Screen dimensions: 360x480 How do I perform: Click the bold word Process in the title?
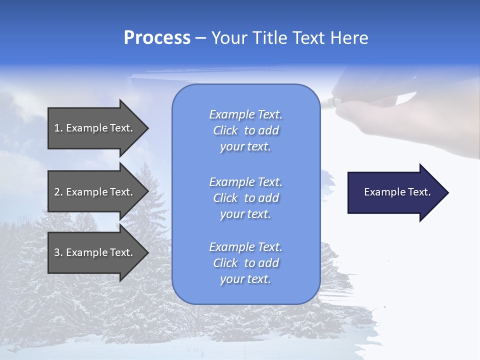click(x=157, y=38)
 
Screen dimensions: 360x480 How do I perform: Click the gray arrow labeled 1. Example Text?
click(x=95, y=128)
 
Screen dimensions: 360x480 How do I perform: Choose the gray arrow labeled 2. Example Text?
click(x=95, y=192)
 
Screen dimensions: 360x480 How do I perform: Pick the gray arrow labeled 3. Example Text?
click(x=95, y=252)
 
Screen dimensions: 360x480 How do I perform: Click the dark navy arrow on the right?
click(x=395, y=192)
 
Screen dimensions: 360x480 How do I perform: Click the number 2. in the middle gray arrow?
click(x=58, y=192)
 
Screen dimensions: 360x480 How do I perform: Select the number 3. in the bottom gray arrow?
click(x=58, y=252)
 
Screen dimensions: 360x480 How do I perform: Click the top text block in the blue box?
click(x=245, y=130)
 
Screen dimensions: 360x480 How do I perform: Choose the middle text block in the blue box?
click(x=245, y=198)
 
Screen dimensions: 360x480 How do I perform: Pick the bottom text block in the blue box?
click(x=245, y=263)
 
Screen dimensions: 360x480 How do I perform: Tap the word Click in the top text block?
click(x=225, y=130)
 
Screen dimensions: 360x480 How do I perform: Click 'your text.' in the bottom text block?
click(x=245, y=279)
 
